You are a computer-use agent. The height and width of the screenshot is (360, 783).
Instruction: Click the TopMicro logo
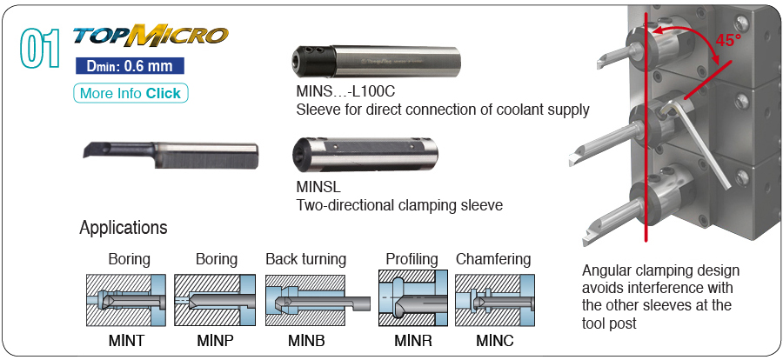point(151,36)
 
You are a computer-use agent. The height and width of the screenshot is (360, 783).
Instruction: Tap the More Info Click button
point(130,93)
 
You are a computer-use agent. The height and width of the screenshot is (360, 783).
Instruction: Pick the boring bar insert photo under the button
point(170,155)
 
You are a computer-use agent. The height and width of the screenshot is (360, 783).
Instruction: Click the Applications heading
point(123,228)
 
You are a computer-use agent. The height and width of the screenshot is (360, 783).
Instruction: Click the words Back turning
point(305,259)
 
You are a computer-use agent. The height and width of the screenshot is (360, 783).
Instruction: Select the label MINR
point(412,341)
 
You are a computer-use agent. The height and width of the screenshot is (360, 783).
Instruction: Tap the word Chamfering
point(493,259)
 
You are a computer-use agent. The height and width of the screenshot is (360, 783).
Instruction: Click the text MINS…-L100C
point(346,93)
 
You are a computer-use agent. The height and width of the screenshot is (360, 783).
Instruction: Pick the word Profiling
point(412,259)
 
